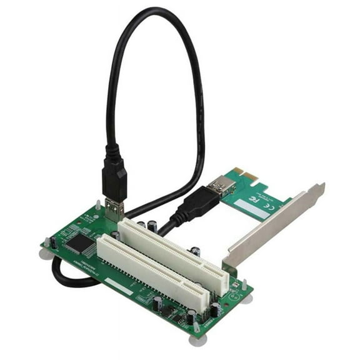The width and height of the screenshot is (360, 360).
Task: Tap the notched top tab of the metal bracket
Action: [x=319, y=188]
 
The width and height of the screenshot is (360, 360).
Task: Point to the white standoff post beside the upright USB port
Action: [x=98, y=204]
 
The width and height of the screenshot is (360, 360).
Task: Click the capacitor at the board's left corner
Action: [x=54, y=242]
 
